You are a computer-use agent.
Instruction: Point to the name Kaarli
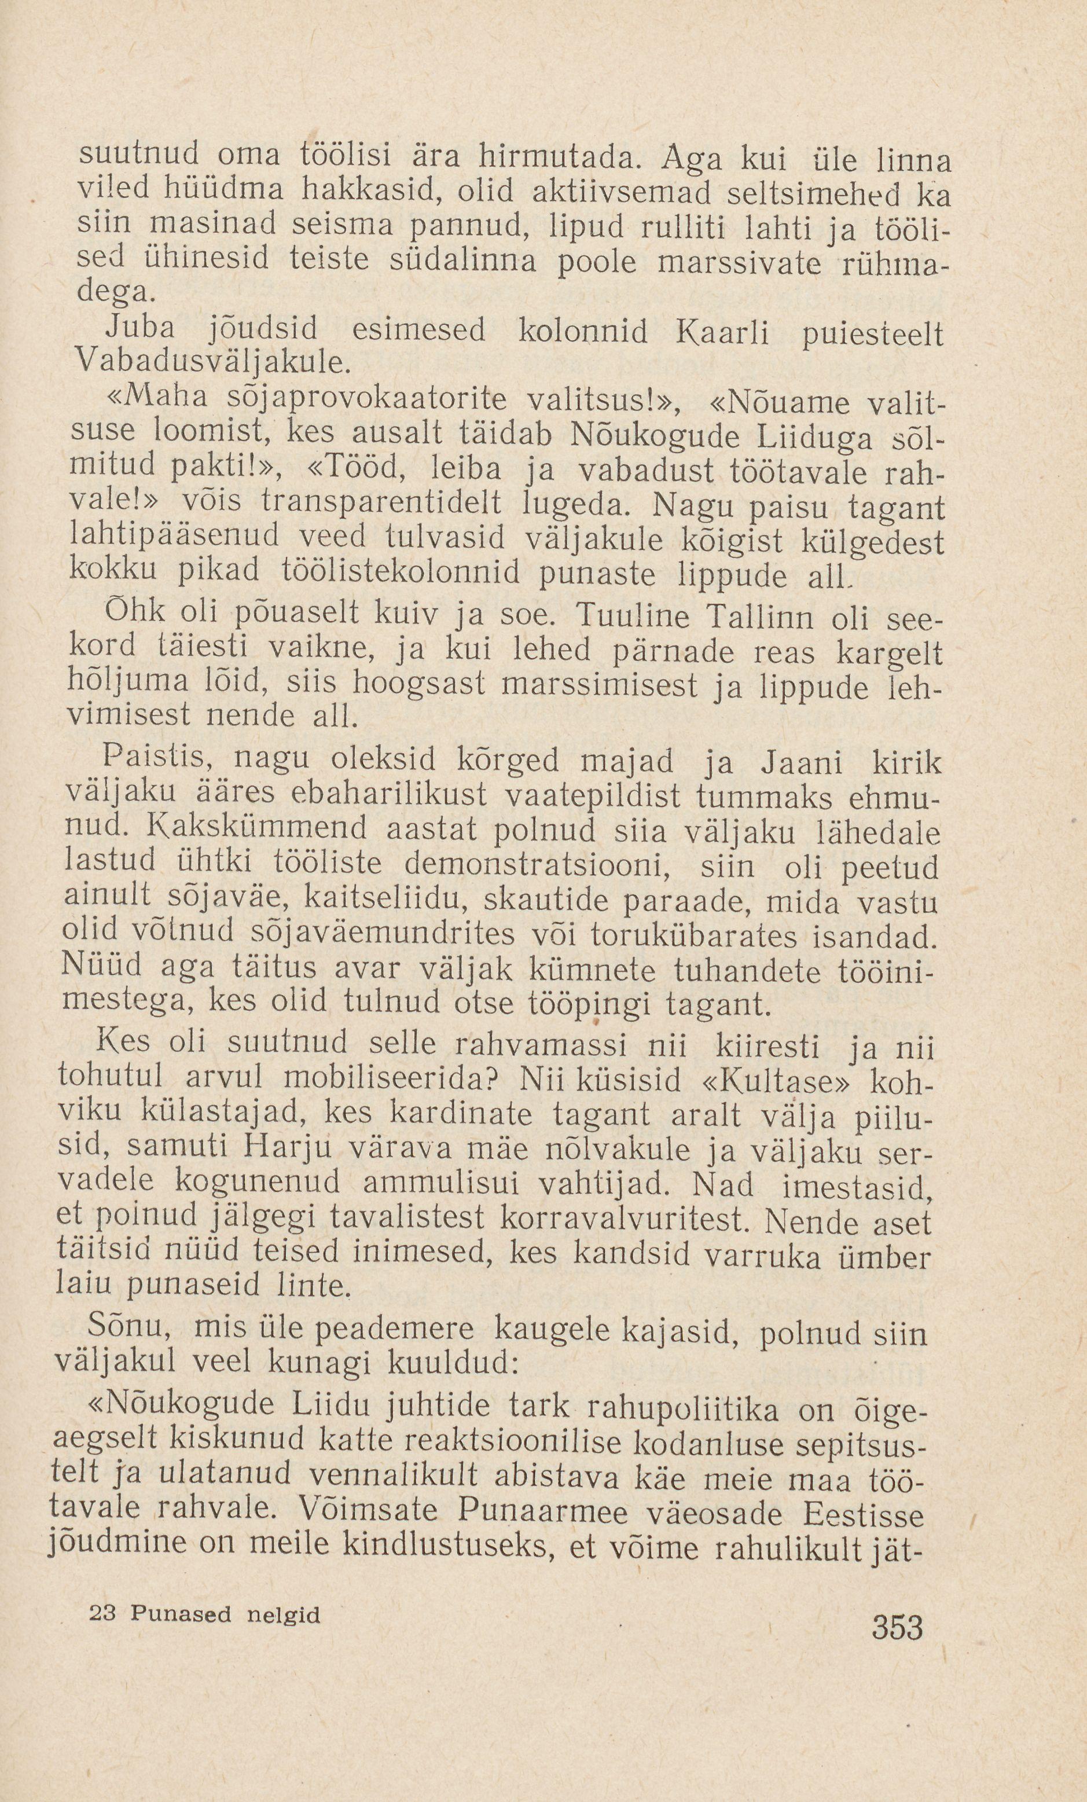coord(721,333)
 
